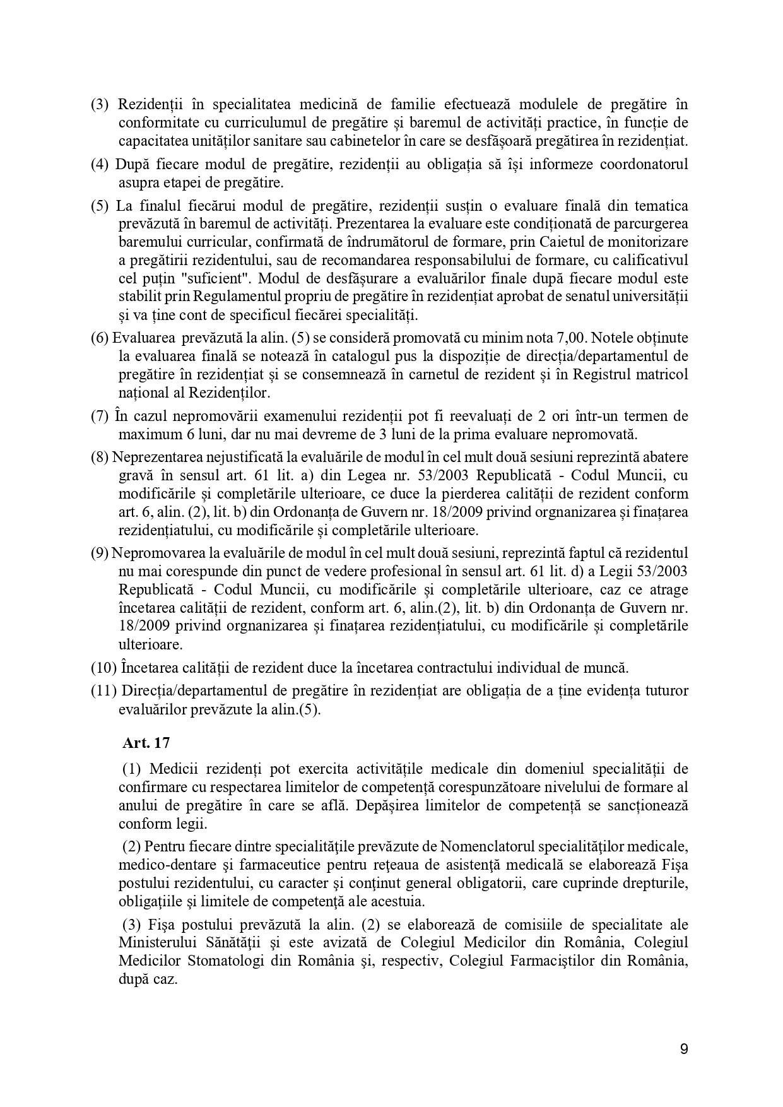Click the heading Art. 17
(x=146, y=743)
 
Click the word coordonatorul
(x=643, y=165)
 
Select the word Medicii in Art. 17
(x=175, y=769)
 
